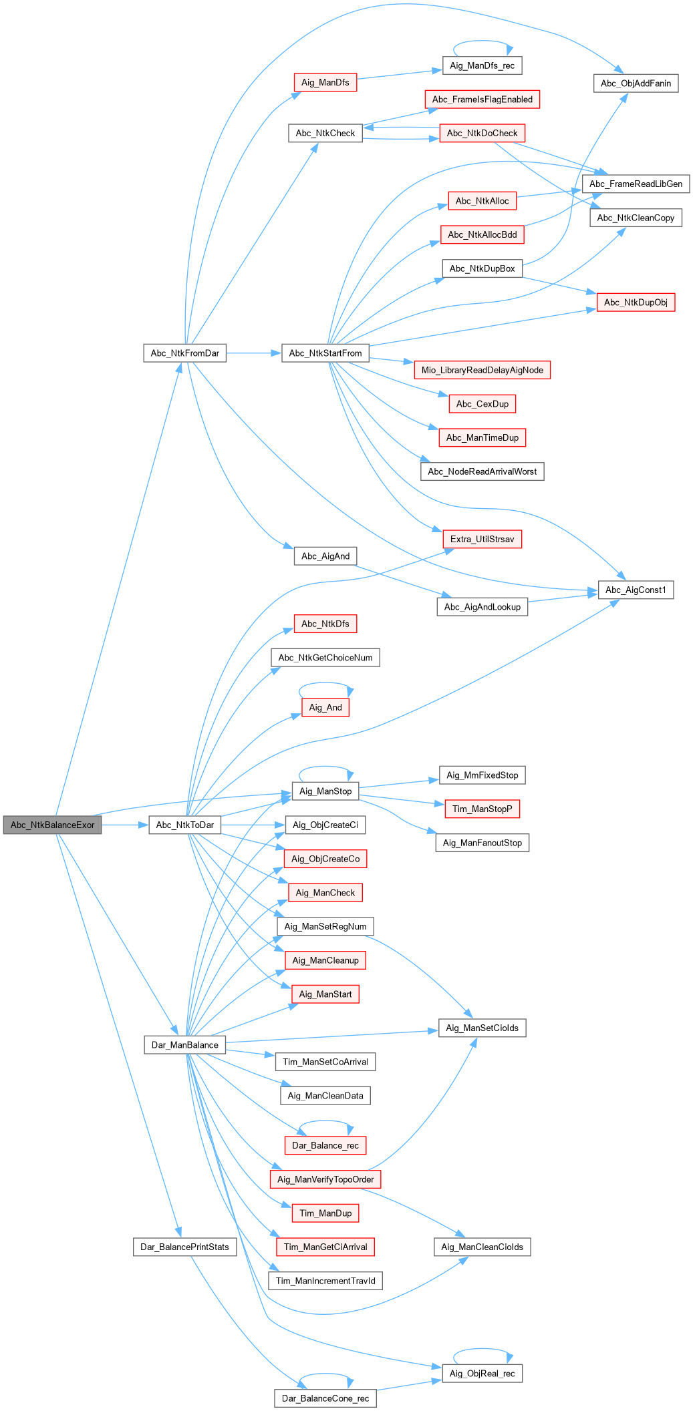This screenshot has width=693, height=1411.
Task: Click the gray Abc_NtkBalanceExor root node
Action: tap(52, 825)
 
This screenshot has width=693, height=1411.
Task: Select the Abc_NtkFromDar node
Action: tap(184, 353)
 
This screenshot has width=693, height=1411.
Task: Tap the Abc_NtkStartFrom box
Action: tap(325, 353)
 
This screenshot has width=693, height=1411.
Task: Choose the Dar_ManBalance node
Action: tap(184, 1044)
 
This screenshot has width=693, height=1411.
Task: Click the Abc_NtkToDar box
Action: tap(184, 825)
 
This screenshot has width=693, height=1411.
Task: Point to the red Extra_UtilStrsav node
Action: tap(482, 539)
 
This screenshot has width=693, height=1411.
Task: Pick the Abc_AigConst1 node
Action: tap(636, 590)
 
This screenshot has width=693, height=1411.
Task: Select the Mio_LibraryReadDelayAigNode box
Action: tap(482, 370)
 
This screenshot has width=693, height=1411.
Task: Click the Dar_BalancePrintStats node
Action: tap(184, 1247)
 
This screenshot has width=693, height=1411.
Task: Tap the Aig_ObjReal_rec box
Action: tap(482, 1373)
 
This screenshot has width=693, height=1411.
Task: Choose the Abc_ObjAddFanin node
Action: tap(636, 83)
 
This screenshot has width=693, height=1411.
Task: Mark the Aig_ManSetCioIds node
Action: tap(482, 1028)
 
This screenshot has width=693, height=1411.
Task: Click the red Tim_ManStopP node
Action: tap(482, 809)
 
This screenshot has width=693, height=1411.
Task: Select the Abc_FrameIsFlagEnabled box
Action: tap(482, 99)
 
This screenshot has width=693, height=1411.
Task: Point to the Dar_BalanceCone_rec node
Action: tap(325, 1398)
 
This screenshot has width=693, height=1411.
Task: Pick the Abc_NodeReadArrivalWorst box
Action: tap(482, 471)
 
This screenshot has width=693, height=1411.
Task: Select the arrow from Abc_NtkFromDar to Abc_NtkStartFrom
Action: tap(254, 353)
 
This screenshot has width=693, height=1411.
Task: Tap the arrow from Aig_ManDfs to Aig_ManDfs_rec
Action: tap(400, 74)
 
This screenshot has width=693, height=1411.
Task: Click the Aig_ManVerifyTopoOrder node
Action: tap(325, 1179)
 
